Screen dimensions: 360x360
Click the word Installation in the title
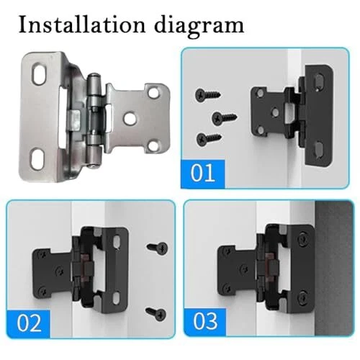pos(82,25)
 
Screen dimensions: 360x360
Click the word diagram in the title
pos(199,27)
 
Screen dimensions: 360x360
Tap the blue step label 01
pos(203,174)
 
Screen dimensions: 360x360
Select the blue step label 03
pos(205,322)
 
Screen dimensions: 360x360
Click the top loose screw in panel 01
pos(208,95)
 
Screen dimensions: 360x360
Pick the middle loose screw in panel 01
pos(225,117)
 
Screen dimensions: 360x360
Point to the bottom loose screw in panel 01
pos(209,139)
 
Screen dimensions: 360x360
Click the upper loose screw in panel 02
pos(158,248)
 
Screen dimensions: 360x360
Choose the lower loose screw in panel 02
pos(156,313)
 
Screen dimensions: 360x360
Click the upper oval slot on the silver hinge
pos(40,73)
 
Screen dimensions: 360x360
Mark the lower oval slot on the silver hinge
pos(37,158)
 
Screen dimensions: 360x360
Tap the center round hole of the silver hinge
pos(130,118)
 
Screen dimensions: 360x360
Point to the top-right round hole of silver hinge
pos(153,93)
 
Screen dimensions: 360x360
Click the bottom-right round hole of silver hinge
pos(153,146)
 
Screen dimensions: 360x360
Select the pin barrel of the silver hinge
pos(94,120)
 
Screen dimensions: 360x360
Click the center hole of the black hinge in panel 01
pos(275,112)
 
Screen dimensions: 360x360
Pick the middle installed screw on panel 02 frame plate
pos(60,271)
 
